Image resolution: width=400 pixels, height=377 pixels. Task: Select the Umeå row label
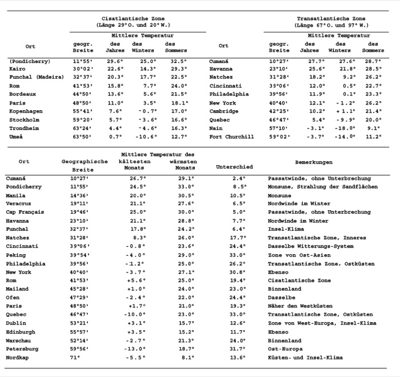tap(16, 137)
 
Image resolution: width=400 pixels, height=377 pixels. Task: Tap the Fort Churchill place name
tap(231, 137)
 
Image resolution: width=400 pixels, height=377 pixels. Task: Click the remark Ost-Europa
tap(285, 349)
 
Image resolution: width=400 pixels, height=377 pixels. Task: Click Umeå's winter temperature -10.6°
tap(145, 137)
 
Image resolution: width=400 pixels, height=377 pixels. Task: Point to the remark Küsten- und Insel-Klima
tap(305, 358)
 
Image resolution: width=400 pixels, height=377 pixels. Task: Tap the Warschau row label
tap(19, 340)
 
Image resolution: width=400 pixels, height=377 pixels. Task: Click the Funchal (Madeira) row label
tap(36, 77)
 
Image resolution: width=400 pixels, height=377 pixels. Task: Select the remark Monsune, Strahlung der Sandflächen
tap(323, 186)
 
